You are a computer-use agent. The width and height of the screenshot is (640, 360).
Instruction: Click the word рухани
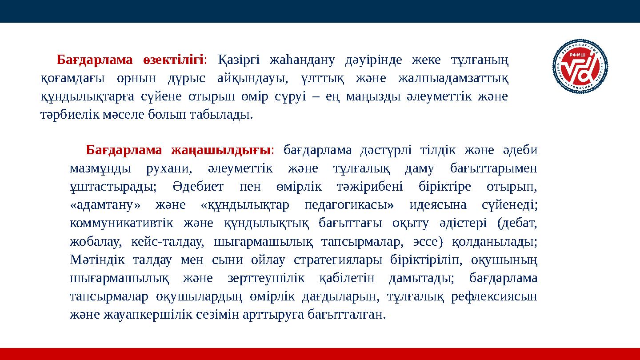(x=169, y=169)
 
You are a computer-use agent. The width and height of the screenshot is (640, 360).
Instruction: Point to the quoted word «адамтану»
(x=105, y=206)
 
